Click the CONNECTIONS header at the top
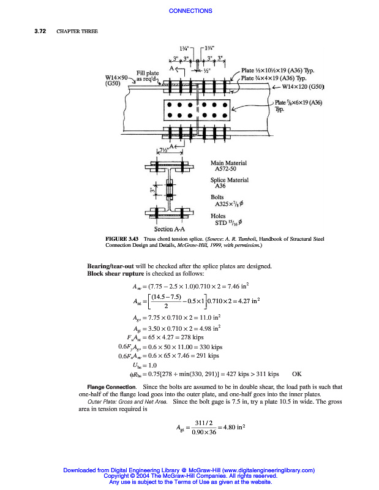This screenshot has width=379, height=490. click(x=190, y=10)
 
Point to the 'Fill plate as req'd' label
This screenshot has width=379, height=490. click(x=147, y=76)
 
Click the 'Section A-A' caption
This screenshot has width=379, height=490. click(x=168, y=229)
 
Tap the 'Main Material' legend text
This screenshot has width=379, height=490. click(x=228, y=163)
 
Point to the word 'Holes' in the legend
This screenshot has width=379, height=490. click(x=219, y=215)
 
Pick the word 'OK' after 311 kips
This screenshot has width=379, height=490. click(x=297, y=372)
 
